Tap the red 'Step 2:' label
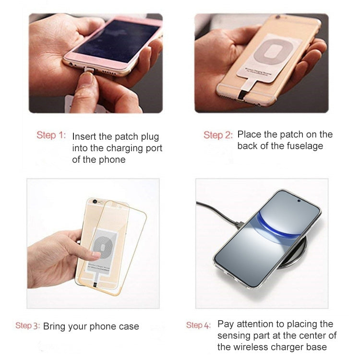pyautogui.click(x=218, y=135)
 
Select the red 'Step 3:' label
pyautogui.click(x=27, y=325)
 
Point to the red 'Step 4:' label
pyautogui.click(x=198, y=325)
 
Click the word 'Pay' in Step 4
pyautogui.click(x=226, y=324)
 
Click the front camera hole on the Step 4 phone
pyautogui.click(x=299, y=201)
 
